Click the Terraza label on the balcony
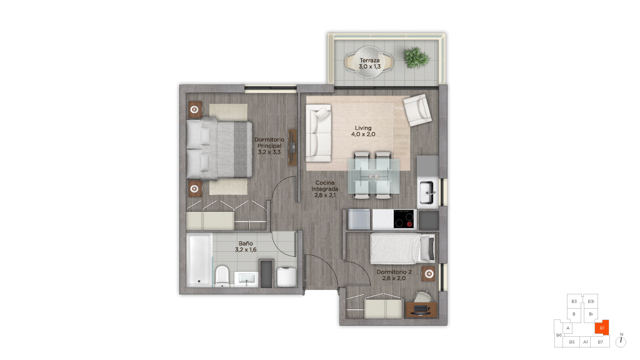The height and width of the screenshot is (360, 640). click(370, 63)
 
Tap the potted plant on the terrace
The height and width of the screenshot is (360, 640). click(416, 57)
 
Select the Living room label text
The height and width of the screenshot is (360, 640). click(363, 131)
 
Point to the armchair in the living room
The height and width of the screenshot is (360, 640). click(417, 110)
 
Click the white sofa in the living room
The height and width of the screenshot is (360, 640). click(318, 134)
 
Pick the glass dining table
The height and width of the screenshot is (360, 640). click(374, 176)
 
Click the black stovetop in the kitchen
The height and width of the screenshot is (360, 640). click(404, 219)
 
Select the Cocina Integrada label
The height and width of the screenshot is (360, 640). click(325, 189)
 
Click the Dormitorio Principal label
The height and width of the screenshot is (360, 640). click(269, 146)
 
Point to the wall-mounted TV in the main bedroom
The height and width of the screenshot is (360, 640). click(292, 147)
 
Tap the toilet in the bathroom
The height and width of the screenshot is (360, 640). click(222, 276)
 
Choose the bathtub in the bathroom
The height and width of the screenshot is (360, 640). click(199, 259)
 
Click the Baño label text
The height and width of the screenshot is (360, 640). click(246, 246)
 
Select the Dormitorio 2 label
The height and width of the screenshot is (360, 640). click(394, 275)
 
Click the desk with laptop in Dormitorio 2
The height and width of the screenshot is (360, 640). click(421, 309)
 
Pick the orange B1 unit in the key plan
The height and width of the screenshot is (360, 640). click(602, 327)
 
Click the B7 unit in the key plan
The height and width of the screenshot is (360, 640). click(600, 342)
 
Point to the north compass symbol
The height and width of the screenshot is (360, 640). click(621, 341)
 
